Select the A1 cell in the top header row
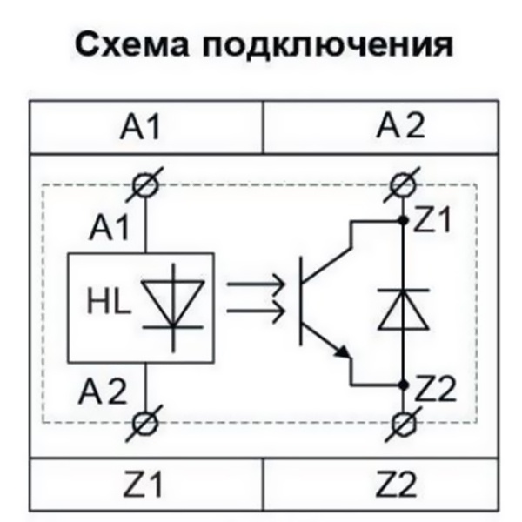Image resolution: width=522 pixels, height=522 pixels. coord(145,129)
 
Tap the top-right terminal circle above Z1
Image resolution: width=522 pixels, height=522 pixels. coord(401,184)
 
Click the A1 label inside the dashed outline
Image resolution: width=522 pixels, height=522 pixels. coord(110,231)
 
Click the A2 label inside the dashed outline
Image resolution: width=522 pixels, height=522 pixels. coord(110,391)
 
